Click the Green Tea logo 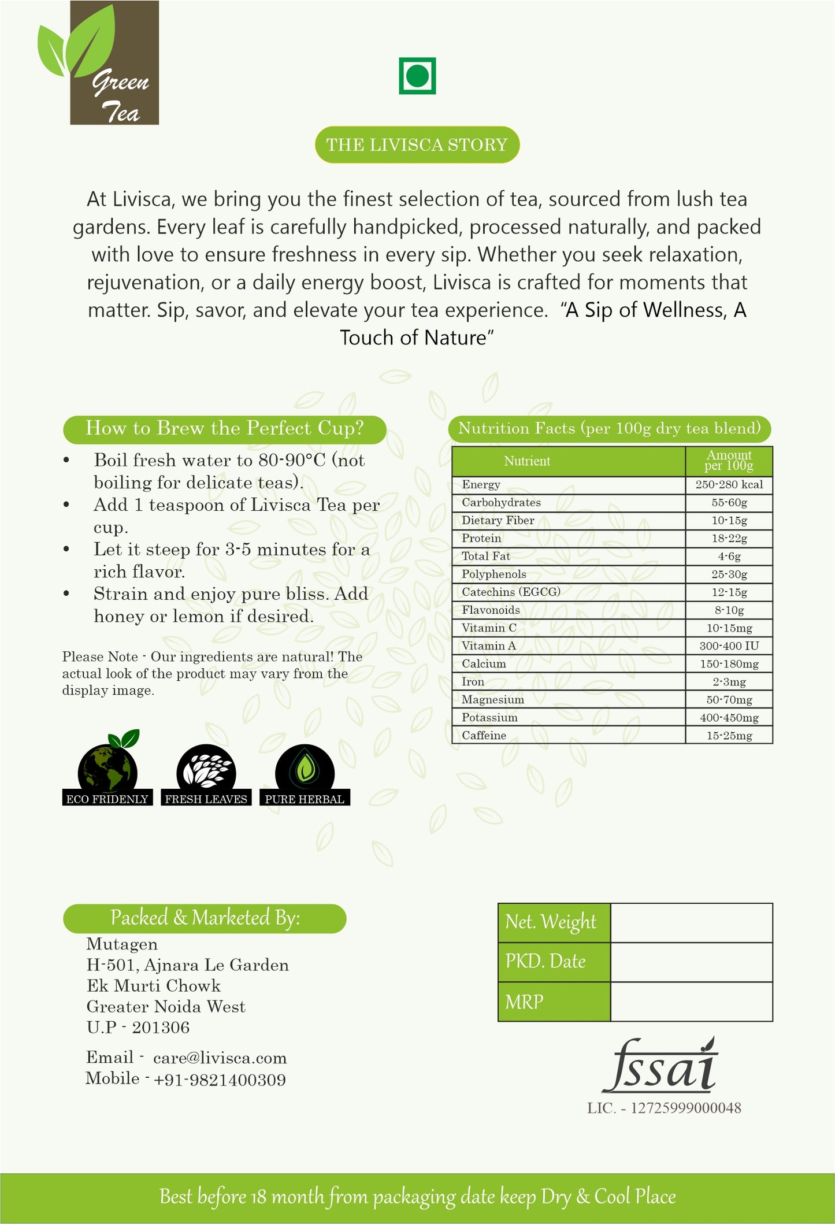tap(101, 64)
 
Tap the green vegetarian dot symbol tap(417, 76)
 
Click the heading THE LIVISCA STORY tap(417, 144)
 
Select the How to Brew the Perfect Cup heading tap(224, 429)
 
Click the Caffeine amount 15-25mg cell tap(729, 736)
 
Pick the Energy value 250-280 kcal tap(729, 485)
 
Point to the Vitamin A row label tap(489, 646)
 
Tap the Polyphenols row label tap(494, 574)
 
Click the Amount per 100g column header tap(729, 461)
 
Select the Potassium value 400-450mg tap(729, 718)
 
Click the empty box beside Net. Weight tap(691, 923)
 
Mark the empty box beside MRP tap(691, 1002)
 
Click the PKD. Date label tap(545, 962)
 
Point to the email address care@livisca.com tap(220, 1058)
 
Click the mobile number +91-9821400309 tap(220, 1080)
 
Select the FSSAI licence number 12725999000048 tap(685, 1108)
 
